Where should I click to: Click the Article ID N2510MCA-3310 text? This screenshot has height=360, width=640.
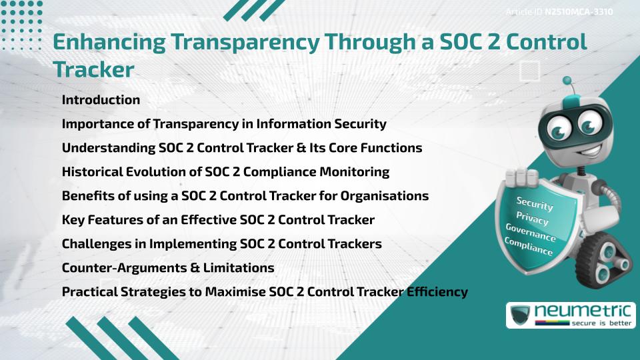[x=559, y=12]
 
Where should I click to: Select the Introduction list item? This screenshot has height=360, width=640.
[x=101, y=100]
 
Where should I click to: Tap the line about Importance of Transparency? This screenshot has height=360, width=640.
[x=224, y=124]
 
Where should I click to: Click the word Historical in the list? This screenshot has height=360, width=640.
[x=93, y=172]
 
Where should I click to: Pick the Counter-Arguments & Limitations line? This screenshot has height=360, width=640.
[x=168, y=268]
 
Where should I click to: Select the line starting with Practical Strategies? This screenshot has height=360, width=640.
[x=265, y=292]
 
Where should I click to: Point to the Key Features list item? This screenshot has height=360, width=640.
[x=218, y=220]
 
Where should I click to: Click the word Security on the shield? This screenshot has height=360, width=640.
[x=534, y=204]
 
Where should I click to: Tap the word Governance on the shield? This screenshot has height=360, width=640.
[x=530, y=233]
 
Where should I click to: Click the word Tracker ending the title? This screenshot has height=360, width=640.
[x=93, y=69]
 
